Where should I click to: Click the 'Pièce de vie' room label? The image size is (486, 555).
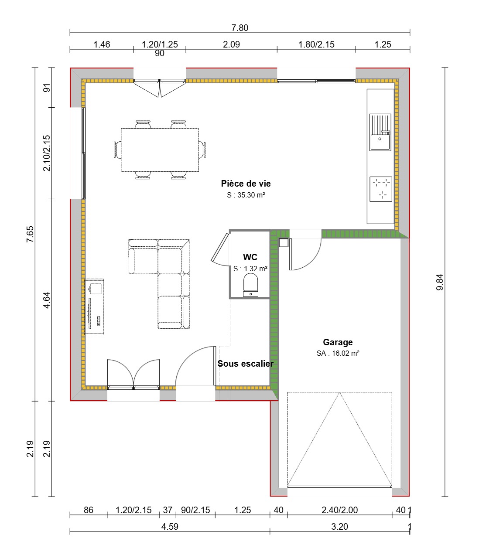[246, 184]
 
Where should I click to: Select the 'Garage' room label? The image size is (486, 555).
[338, 342]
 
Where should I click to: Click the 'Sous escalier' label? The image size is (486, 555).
[246, 364]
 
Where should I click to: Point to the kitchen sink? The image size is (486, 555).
[380, 133]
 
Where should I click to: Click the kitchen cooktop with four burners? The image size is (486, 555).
[381, 189]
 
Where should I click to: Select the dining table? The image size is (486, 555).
[160, 150]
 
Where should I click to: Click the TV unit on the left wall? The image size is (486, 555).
[94, 307]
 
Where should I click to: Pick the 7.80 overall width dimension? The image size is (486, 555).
[240, 28]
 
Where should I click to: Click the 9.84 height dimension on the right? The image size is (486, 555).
[439, 282]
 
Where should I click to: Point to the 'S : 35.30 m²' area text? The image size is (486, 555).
[246, 195]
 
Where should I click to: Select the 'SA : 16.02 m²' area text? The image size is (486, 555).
[338, 354]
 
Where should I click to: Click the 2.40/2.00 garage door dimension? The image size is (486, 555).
[339, 510]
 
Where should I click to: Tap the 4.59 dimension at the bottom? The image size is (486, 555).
[170, 527]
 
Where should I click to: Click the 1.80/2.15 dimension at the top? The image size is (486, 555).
[316, 44]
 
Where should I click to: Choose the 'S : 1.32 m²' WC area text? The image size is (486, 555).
[250, 269]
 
